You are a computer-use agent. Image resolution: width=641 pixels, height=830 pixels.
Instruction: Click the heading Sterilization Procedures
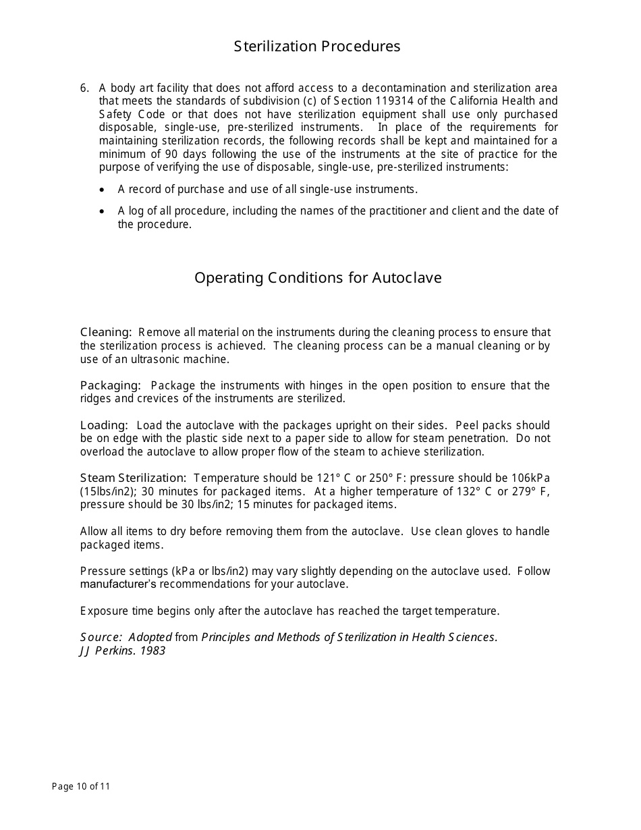coord(317,47)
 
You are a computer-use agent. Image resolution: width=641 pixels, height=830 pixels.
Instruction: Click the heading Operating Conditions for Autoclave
coord(318,278)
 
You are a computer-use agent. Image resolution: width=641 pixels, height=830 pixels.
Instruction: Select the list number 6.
coord(84,88)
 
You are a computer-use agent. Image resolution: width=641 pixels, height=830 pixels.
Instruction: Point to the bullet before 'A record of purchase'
coord(102,190)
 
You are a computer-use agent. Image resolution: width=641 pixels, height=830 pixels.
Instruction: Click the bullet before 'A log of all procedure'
coord(102,211)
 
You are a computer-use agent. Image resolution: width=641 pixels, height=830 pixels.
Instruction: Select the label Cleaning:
coord(106,332)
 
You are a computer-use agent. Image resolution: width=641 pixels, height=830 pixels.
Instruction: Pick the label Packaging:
coord(110,385)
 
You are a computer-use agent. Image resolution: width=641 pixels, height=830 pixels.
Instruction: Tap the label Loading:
coord(104,425)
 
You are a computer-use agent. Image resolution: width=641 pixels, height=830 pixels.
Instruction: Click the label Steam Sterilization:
coord(132,478)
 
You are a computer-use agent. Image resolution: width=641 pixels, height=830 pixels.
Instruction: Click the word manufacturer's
coord(118,584)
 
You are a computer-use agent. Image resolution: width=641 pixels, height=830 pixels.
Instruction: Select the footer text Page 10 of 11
coord(81,786)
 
